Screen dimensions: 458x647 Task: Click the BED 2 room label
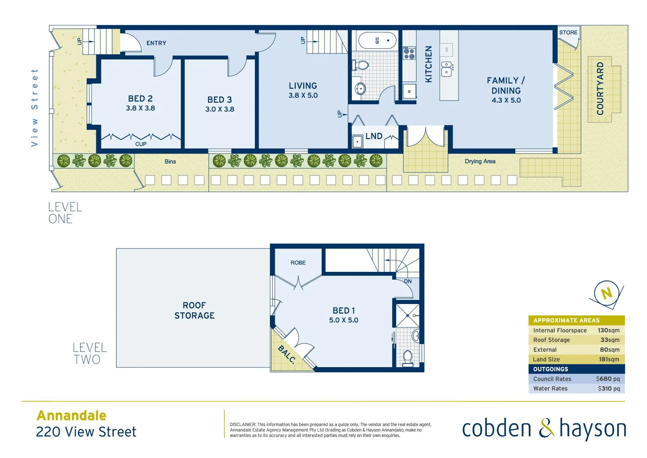140,98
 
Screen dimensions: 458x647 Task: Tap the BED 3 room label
219,100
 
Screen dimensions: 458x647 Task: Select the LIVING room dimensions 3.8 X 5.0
303,95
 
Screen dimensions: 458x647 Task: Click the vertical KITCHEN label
429,64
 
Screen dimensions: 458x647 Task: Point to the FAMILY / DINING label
506,85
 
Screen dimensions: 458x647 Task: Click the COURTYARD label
600,89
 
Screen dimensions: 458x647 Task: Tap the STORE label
568,32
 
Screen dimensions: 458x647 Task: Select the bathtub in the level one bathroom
377,41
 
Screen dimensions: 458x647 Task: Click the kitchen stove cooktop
409,53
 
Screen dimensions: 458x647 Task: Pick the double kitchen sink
447,69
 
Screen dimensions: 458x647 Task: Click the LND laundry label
373,136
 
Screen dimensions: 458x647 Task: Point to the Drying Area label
480,161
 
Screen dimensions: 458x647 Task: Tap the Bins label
170,161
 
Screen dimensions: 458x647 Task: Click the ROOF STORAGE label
194,310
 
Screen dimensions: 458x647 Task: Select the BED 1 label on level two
343,310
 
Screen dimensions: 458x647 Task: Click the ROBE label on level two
298,263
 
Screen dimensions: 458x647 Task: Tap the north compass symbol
606,293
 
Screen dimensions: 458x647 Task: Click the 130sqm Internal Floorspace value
608,330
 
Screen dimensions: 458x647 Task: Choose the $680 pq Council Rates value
607,379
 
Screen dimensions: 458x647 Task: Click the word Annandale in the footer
72,415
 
